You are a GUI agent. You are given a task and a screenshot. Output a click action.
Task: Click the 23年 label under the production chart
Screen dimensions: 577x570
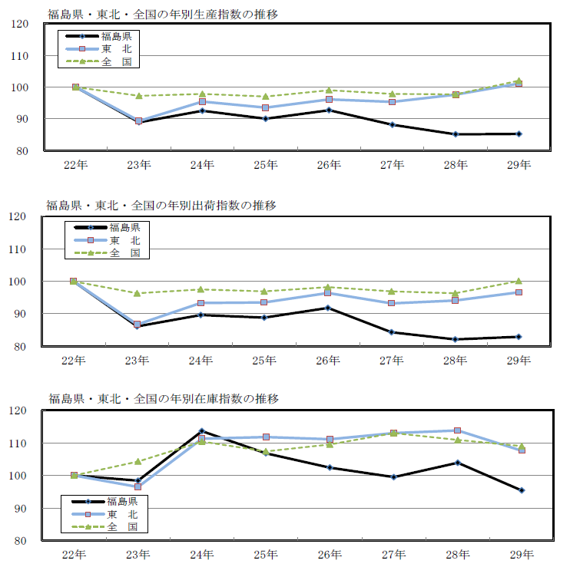(x=139, y=163)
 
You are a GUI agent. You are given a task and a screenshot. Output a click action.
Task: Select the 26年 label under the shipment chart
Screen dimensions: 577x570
(x=329, y=359)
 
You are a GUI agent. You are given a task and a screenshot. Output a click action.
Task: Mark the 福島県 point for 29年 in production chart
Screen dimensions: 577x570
(x=519, y=134)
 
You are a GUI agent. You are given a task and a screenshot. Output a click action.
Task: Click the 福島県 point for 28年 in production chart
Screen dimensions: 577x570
(x=456, y=134)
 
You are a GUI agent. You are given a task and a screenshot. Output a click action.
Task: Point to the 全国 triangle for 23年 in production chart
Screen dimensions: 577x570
(x=139, y=96)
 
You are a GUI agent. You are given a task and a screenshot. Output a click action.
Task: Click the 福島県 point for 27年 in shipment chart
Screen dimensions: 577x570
(x=392, y=332)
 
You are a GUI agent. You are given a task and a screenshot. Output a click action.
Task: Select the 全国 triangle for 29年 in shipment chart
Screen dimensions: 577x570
(x=519, y=281)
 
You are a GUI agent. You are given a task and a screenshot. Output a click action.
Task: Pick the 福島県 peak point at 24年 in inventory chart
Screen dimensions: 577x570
(x=202, y=431)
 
